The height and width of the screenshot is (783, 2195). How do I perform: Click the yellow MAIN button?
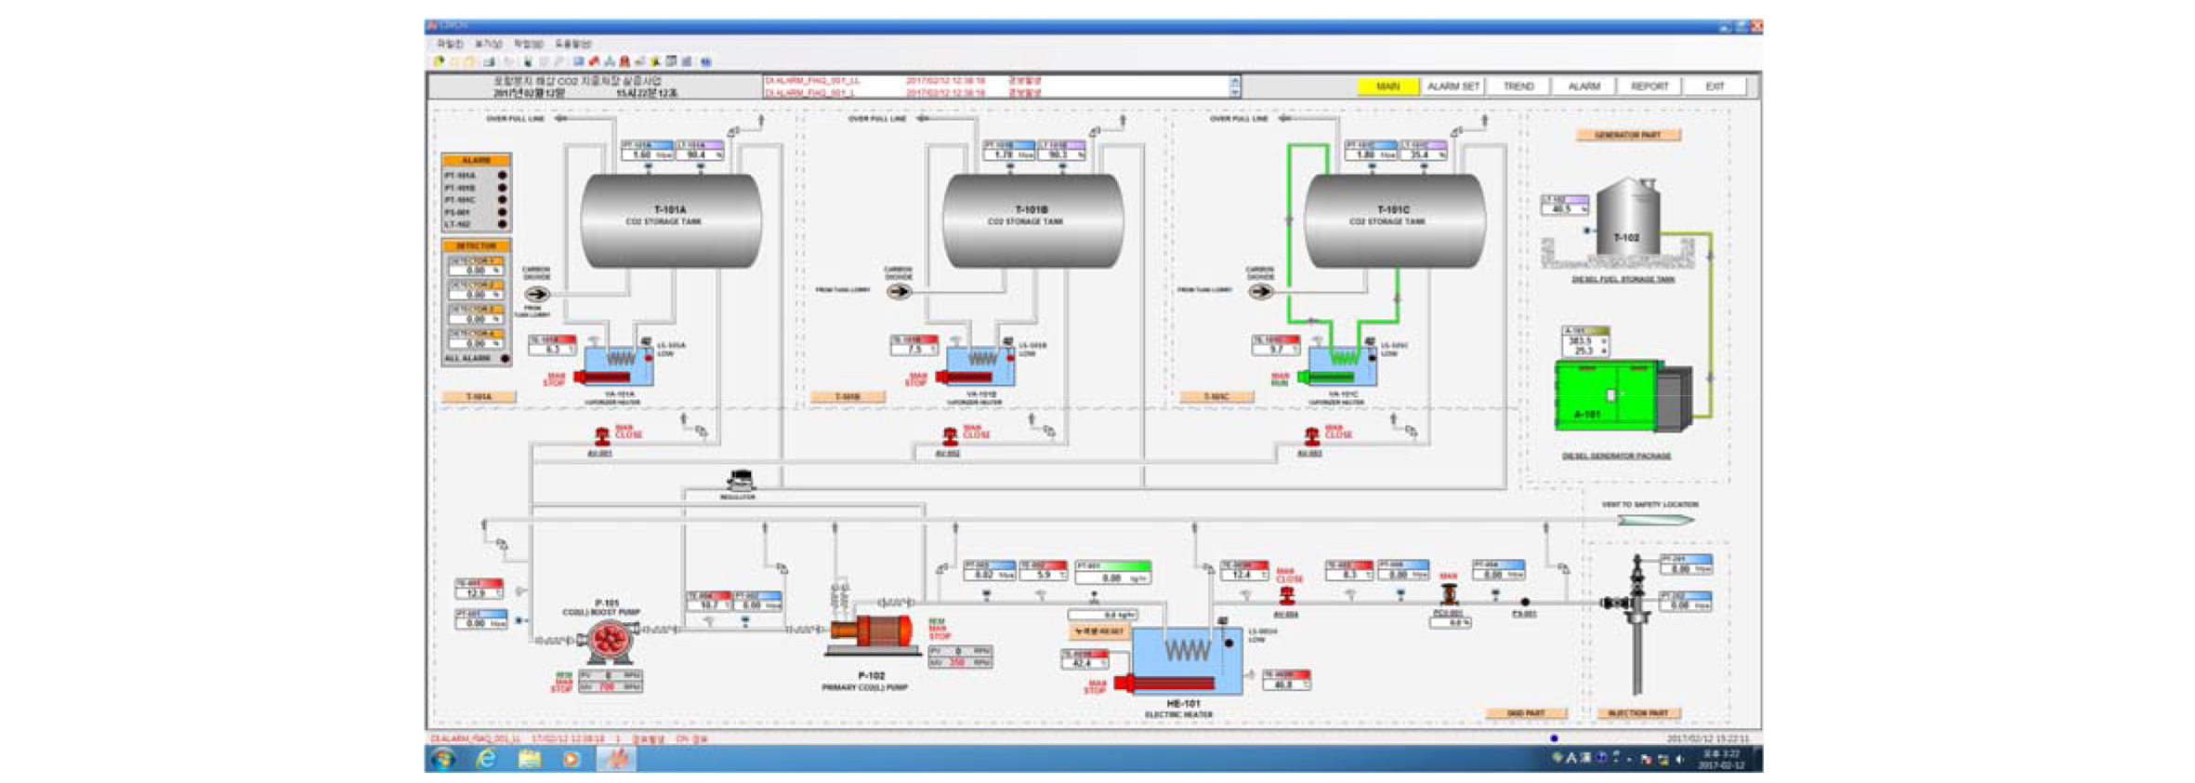tap(1387, 86)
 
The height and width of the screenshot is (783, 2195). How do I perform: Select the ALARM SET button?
tap(1452, 86)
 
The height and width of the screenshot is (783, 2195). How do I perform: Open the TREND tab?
tap(1518, 86)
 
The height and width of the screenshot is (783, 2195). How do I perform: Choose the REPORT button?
tap(1650, 86)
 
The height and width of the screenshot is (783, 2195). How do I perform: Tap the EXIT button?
tap(1715, 86)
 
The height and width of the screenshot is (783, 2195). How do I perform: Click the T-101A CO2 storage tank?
tap(670, 220)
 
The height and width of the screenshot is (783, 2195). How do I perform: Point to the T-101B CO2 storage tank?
tap(1032, 220)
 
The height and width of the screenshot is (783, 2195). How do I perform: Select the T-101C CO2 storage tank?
tap(1394, 220)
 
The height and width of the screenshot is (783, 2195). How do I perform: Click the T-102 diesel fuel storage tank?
tap(1627, 219)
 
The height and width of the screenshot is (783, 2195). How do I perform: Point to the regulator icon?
tap(740, 480)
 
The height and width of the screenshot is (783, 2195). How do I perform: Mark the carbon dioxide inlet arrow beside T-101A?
tap(537, 294)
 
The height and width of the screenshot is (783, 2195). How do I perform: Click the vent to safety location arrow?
tap(1654, 520)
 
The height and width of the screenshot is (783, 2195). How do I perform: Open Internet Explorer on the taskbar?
tap(485, 759)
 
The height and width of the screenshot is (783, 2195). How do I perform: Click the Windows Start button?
tap(442, 759)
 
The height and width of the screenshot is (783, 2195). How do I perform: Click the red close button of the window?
tap(1755, 27)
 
